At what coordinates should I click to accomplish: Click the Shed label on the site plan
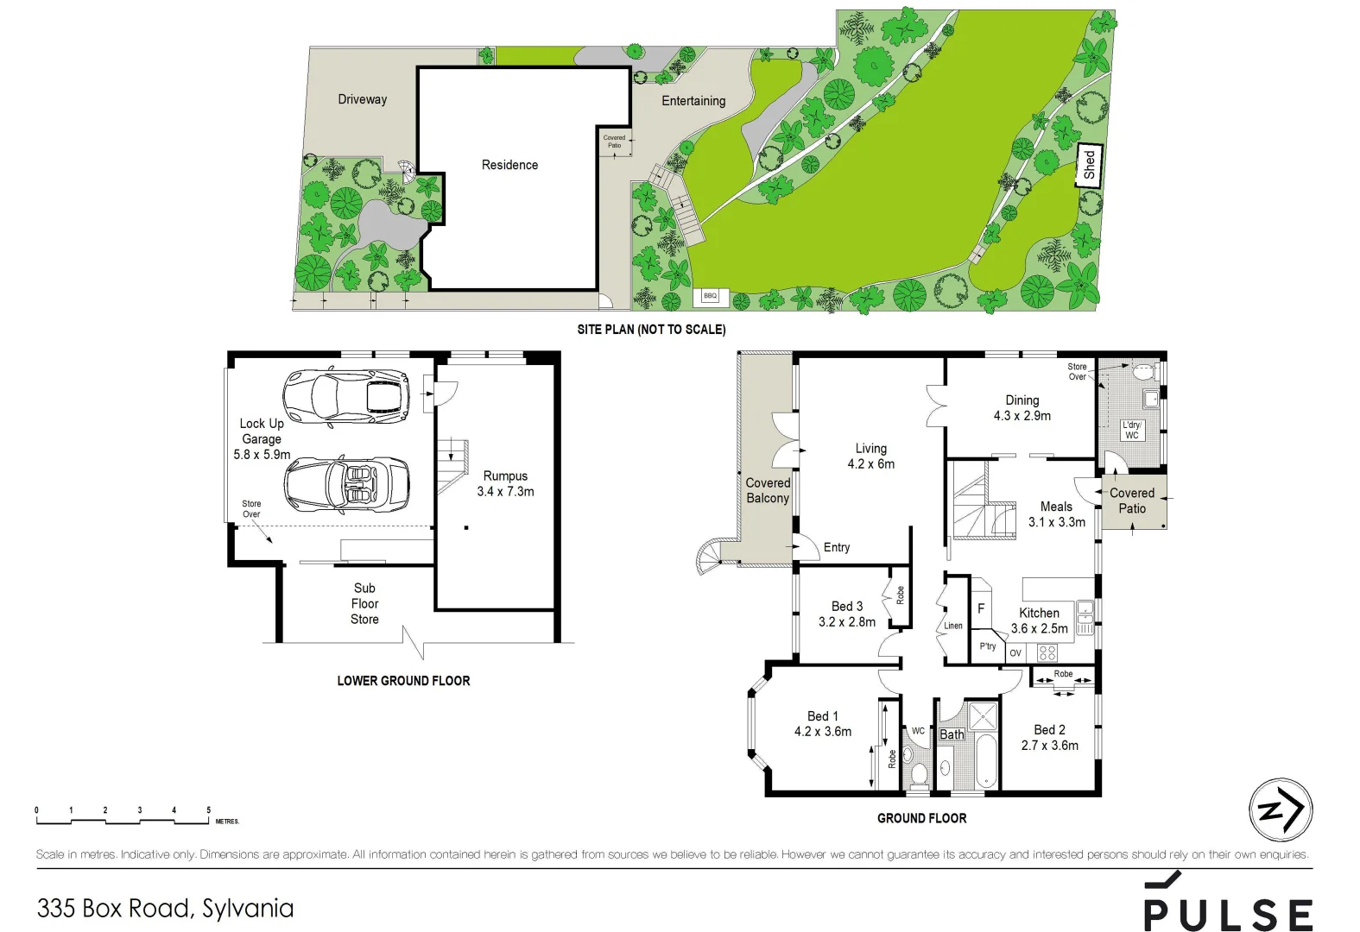pos(1089,164)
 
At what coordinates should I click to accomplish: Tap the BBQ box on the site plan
pos(710,296)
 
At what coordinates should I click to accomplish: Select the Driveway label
pos(362,99)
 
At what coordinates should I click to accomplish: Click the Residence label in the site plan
pos(509,165)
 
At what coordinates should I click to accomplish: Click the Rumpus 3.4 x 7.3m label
pos(505,483)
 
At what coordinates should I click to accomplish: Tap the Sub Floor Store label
pos(364,603)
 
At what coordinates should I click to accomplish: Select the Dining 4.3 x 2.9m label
pos(1022,408)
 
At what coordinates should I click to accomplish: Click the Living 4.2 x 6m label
pos(870,456)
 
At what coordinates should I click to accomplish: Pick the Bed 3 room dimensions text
pos(846,621)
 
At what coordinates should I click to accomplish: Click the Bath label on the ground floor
pos(952,734)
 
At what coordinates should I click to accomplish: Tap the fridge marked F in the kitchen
pos(981,608)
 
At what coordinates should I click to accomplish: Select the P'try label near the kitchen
pos(988,646)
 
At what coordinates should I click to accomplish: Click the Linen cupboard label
pos(952,626)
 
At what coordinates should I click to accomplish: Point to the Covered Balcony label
pos(768,490)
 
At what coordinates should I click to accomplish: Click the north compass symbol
pos(1281,809)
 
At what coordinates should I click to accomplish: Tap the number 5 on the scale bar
pos(208,810)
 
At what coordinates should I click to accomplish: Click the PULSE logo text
pos(1228,914)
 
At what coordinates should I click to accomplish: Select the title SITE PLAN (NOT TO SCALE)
pos(651,330)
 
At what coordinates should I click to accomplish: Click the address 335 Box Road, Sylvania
pos(165,908)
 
